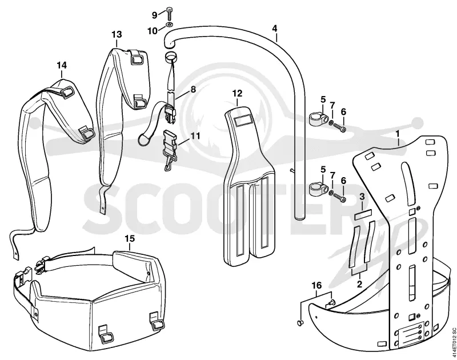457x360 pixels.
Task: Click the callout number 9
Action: click(155, 15)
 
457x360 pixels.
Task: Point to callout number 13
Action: click(117, 34)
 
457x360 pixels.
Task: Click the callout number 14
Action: click(62, 65)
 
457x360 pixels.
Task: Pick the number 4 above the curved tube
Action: click(275, 28)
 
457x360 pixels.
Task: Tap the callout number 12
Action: click(237, 94)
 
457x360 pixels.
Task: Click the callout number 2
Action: click(359, 283)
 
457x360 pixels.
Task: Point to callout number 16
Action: click(317, 285)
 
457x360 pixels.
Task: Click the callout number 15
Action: click(130, 238)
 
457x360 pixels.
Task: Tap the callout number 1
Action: click(397, 134)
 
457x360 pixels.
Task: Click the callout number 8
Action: click(193, 90)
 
